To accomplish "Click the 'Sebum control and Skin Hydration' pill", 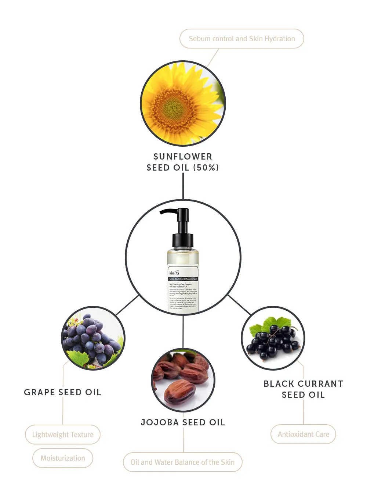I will [241, 39].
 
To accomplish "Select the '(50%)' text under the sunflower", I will [206, 168].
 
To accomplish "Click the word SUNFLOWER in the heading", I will [183, 157].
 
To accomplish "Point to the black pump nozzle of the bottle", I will [169, 211].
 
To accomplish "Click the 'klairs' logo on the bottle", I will [174, 272].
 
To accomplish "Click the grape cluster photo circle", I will [93, 338].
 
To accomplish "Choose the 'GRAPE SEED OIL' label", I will [62, 392].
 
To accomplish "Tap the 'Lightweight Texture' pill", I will [63, 435].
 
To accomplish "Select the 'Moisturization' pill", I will [63, 458].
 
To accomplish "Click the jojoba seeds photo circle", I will [183, 380].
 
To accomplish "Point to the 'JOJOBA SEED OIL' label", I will [183, 422].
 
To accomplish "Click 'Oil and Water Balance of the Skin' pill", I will [182, 462].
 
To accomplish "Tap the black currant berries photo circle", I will [273, 338].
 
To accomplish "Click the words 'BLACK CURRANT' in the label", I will [303, 384].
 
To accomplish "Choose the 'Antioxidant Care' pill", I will [303, 434].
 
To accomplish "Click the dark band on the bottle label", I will [183, 279].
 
